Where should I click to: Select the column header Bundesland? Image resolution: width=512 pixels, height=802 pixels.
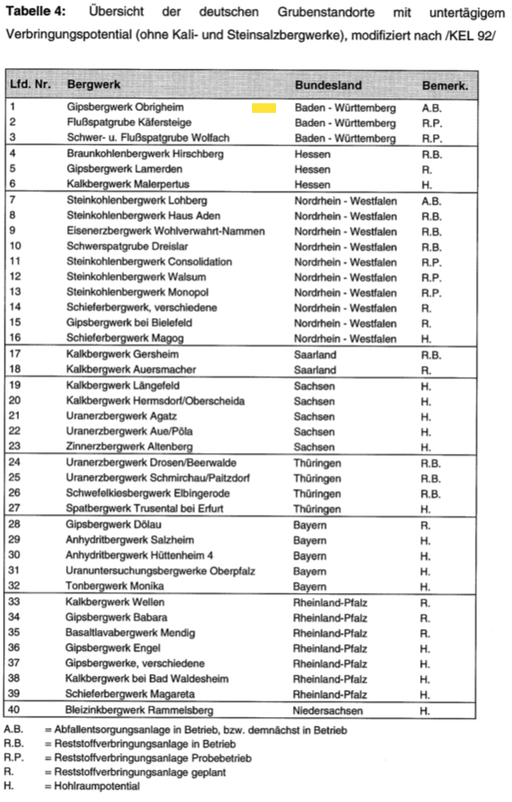pos(328,86)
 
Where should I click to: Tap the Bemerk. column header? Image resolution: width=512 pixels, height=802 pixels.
pos(445,86)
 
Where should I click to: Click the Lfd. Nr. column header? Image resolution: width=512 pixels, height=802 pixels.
pos(30,86)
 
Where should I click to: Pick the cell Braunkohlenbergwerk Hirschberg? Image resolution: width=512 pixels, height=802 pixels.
pos(145,154)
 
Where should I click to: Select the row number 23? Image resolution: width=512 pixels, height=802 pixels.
pos(16,447)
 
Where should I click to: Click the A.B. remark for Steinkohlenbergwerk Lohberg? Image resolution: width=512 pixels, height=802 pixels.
pos(431,200)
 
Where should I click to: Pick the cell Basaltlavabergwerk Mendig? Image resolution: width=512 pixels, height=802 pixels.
pos(130,632)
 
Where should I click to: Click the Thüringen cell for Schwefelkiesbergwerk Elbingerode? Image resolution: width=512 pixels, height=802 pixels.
pos(318,493)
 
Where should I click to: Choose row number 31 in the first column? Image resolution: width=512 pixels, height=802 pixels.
pos(16,571)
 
